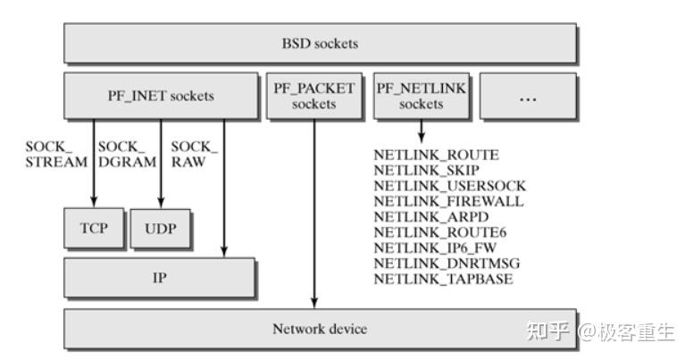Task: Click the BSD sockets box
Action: tap(320, 43)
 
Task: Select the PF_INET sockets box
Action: tap(160, 96)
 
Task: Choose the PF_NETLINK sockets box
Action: tap(421, 96)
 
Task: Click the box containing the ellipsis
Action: tap(528, 96)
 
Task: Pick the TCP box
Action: tap(93, 228)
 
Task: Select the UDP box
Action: tap(161, 228)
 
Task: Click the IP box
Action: tap(159, 278)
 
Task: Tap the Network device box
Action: tap(320, 329)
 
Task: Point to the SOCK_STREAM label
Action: tap(56, 154)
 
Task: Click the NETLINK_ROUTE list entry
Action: tap(436, 155)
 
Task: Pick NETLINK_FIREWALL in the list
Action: tap(448, 202)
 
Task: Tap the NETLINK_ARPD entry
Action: tap(430, 217)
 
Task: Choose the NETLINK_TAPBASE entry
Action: tap(443, 279)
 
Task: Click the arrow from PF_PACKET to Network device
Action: tap(314, 214)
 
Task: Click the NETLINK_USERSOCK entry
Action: tap(449, 186)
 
